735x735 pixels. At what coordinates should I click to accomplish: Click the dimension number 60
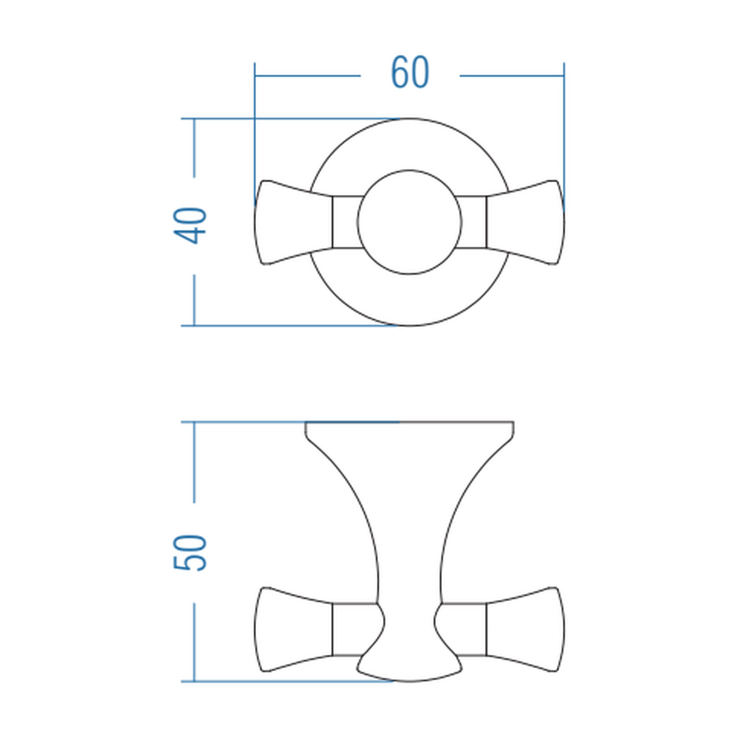point(410,72)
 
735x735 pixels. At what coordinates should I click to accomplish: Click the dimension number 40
point(190,225)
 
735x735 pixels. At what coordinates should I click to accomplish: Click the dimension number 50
point(190,553)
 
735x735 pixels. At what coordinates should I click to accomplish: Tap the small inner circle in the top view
point(410,170)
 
